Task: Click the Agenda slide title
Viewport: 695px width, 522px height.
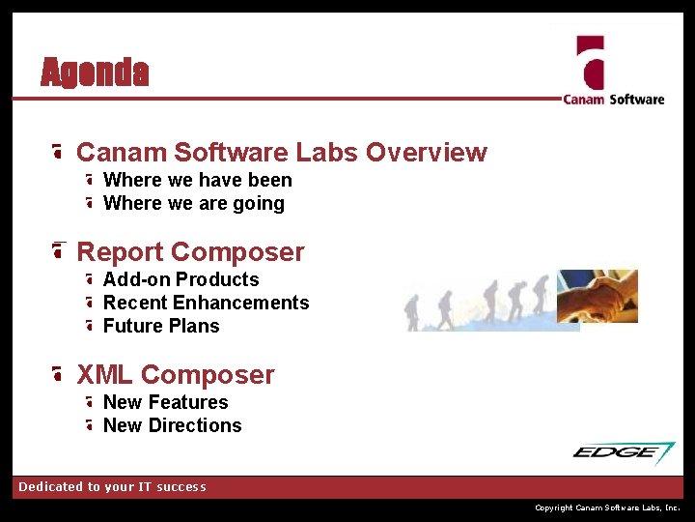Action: click(95, 72)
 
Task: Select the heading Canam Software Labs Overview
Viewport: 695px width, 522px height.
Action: click(281, 153)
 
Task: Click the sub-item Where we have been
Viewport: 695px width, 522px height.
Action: click(197, 180)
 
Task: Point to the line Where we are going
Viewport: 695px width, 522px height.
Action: click(193, 203)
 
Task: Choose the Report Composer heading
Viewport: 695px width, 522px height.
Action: click(190, 252)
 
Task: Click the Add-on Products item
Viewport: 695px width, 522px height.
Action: click(181, 279)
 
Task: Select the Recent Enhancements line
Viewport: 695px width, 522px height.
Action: click(206, 303)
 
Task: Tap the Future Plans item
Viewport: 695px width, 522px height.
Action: click(161, 326)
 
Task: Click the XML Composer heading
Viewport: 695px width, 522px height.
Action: click(175, 375)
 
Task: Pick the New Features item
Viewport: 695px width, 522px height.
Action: click(165, 402)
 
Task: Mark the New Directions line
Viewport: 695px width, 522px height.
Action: click(172, 425)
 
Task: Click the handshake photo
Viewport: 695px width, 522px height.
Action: click(598, 296)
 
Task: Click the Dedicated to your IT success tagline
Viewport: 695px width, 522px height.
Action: click(112, 487)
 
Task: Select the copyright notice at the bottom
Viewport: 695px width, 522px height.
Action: click(607, 507)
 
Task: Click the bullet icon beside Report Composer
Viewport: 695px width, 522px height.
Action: click(59, 252)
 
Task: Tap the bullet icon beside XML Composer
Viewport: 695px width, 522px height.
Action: click(59, 375)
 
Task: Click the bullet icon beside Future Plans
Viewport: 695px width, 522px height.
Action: click(89, 327)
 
